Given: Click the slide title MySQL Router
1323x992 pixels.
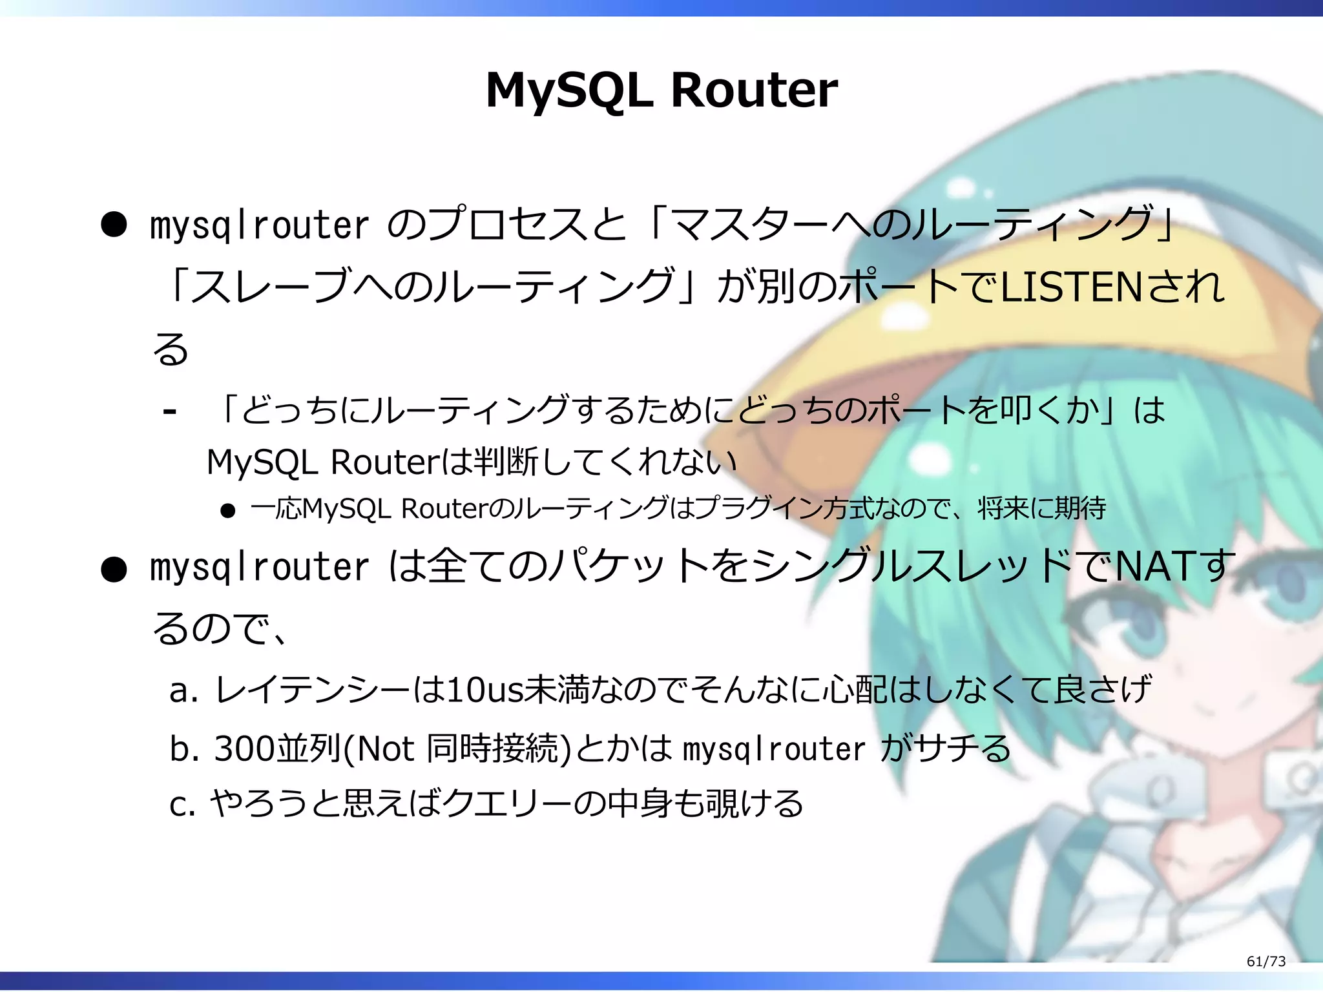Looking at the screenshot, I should tap(661, 90).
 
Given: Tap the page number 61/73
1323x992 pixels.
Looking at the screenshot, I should tap(1266, 962).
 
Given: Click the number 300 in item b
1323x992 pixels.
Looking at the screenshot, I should tap(244, 749).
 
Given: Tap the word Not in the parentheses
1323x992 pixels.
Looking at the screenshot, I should tap(385, 749).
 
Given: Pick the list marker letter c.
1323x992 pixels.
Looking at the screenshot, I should tap(178, 805).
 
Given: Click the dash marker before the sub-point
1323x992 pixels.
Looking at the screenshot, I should tap(170, 411).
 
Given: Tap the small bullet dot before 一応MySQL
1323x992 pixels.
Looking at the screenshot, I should tap(227, 512).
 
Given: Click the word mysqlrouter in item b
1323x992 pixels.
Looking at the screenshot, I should tap(773, 749).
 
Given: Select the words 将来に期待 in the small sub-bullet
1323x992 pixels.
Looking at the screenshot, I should tap(1041, 509).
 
